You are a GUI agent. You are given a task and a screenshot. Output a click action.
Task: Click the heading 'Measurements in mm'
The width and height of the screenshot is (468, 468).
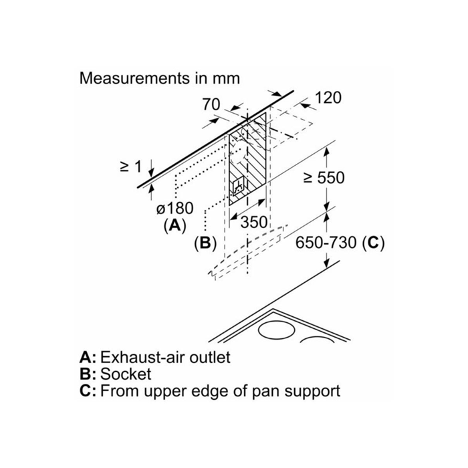point(159,78)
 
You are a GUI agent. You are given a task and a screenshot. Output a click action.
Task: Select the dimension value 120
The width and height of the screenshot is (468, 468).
point(328,98)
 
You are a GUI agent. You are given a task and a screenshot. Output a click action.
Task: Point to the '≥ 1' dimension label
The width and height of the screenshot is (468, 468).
point(132,166)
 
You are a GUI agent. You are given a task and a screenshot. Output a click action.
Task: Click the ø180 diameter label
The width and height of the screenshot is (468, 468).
point(174,209)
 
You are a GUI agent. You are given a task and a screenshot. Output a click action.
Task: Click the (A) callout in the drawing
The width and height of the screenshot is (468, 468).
point(174,225)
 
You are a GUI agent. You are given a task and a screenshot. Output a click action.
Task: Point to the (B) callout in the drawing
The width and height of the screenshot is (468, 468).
point(204,243)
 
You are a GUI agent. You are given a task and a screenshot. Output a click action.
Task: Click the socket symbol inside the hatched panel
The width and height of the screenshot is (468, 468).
point(239,187)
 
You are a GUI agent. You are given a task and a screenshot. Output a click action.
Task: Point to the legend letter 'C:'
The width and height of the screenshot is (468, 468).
point(88,390)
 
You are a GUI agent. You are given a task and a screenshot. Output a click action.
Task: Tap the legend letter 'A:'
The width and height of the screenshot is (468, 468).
point(88,357)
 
